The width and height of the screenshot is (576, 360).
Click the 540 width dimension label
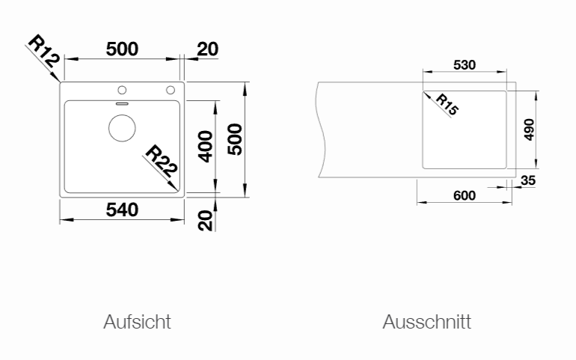[x=122, y=210]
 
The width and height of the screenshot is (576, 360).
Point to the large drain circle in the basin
[x=122, y=128]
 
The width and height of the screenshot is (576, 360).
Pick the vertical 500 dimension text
[x=235, y=138]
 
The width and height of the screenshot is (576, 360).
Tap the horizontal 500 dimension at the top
[x=122, y=49]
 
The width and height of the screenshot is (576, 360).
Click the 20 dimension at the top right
[x=207, y=49]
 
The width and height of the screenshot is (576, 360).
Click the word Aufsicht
[x=137, y=322]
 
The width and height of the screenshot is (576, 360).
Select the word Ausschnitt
[x=426, y=322]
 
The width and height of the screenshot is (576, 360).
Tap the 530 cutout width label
[x=465, y=65]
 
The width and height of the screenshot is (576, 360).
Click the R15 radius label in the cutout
[x=447, y=104]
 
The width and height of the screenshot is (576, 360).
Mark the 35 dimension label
[x=527, y=180]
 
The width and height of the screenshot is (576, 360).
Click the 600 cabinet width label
[x=465, y=195]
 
